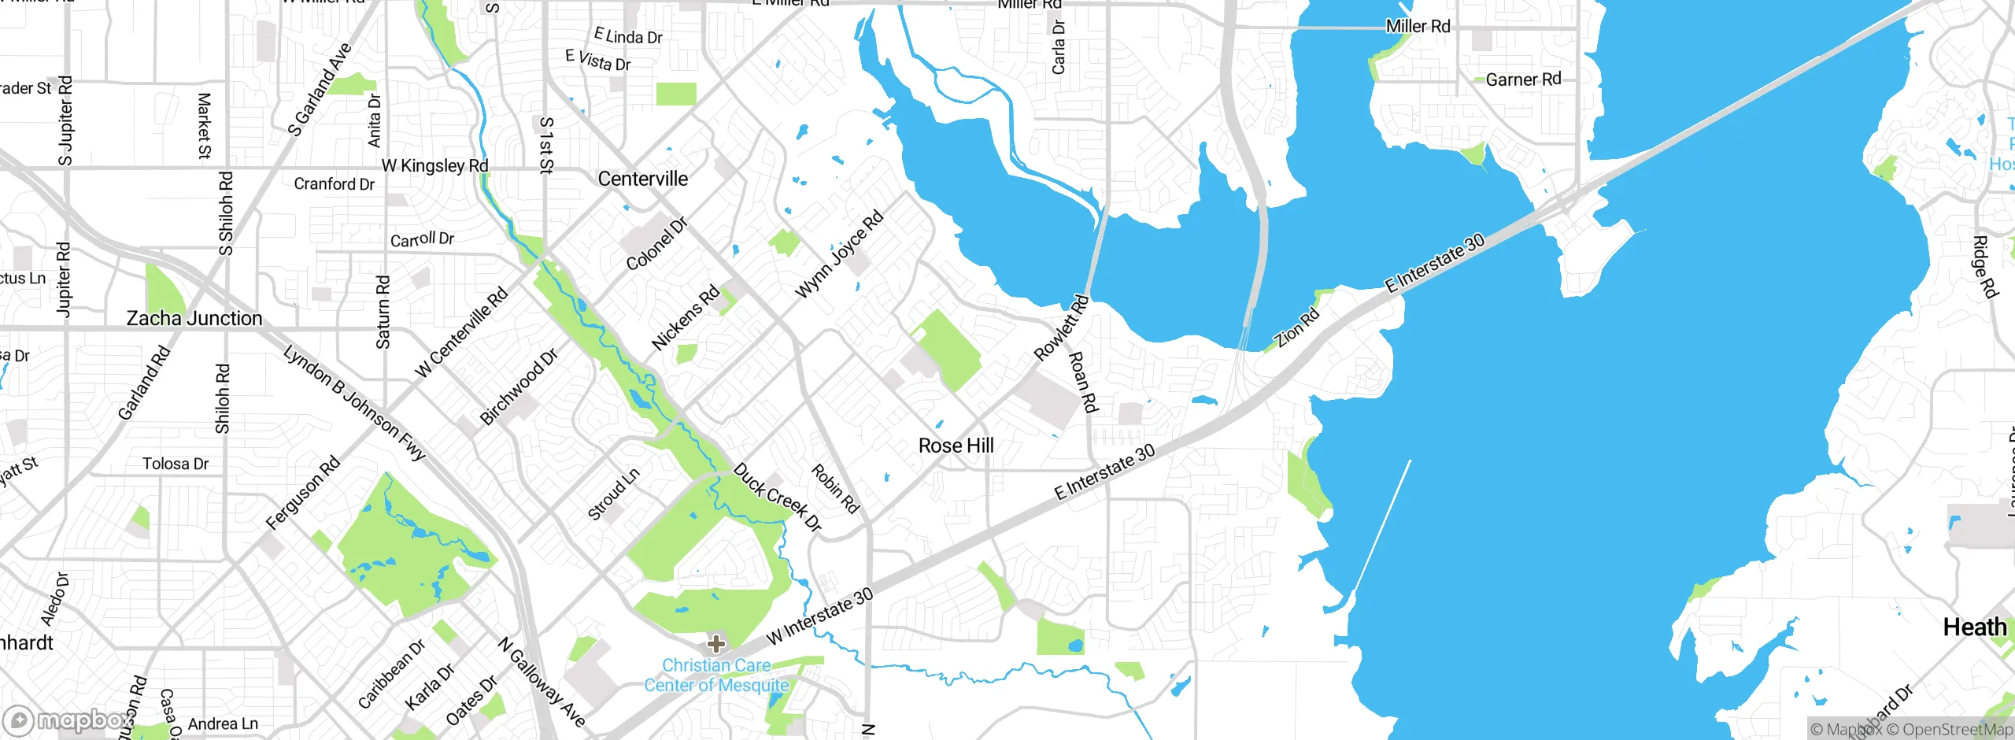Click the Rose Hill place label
956,446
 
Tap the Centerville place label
642,179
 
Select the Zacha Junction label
194,318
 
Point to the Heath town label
1974,627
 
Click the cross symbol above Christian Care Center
715,644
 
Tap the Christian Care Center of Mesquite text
716,675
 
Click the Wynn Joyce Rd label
839,255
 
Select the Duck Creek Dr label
777,498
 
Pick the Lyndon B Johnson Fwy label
354,402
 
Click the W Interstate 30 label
819,616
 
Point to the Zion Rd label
1297,328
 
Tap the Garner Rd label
1523,80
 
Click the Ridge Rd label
1985,267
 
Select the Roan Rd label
1082,382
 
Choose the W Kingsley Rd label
434,165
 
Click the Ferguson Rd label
303,493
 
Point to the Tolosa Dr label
176,464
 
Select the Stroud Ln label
613,494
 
